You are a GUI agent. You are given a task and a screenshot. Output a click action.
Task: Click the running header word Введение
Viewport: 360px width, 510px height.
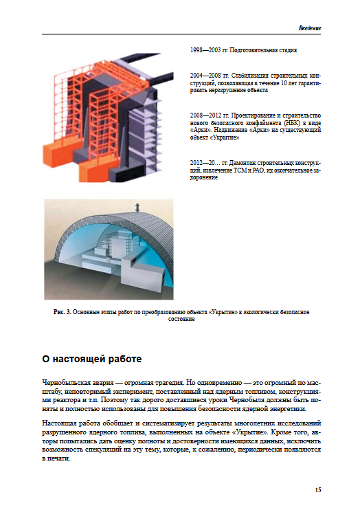(310, 28)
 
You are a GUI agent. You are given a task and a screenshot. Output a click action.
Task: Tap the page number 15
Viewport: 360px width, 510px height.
(317, 489)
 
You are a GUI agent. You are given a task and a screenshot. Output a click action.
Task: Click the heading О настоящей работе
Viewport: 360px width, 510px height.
(91, 359)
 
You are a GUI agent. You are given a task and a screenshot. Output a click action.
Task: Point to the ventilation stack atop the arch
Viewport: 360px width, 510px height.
(137, 208)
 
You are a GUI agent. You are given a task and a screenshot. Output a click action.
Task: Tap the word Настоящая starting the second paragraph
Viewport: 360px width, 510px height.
(57, 423)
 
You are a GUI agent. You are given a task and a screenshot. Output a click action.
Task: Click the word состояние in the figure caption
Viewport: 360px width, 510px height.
(181, 319)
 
